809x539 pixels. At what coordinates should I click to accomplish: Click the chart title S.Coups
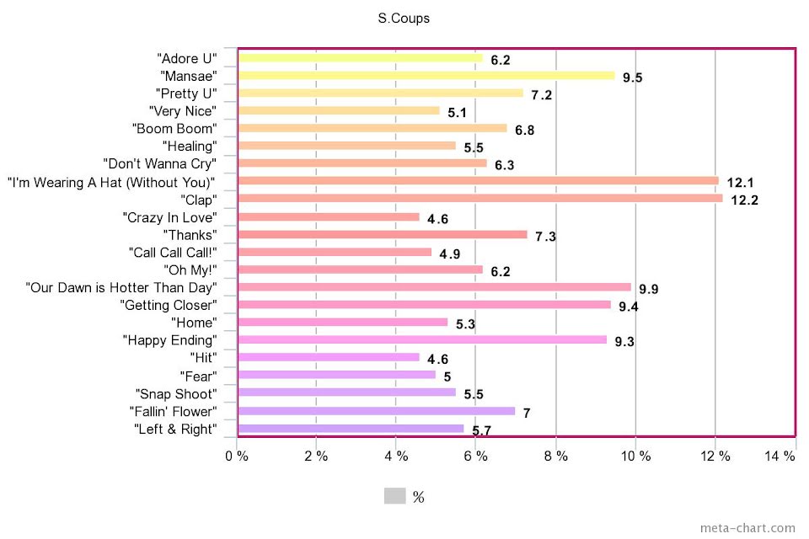point(404,19)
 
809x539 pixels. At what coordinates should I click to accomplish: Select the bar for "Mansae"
point(426,75)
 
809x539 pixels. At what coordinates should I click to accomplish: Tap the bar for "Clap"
point(480,199)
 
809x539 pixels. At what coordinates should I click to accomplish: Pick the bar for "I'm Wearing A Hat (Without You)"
point(478,181)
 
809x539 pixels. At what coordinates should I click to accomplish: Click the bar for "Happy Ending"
point(422,340)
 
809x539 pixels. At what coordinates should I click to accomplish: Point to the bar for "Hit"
point(329,358)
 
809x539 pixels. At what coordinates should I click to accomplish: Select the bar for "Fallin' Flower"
point(377,411)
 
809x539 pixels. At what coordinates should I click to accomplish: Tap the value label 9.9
point(648,290)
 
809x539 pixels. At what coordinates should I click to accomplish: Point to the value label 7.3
point(545,237)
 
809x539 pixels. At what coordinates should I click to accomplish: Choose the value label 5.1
point(458,113)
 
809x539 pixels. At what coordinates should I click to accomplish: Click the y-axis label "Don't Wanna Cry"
point(159,163)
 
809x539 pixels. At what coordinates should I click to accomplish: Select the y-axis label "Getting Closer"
point(169,305)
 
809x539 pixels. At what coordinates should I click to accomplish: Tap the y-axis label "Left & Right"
point(175,429)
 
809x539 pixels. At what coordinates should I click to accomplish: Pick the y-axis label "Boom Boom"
point(174,128)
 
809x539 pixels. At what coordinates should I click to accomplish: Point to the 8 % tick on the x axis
point(555,456)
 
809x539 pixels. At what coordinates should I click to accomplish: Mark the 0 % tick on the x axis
point(237,456)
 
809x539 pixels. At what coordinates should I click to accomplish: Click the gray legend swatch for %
point(394,496)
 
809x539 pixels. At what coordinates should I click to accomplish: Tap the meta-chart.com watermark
point(747,528)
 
